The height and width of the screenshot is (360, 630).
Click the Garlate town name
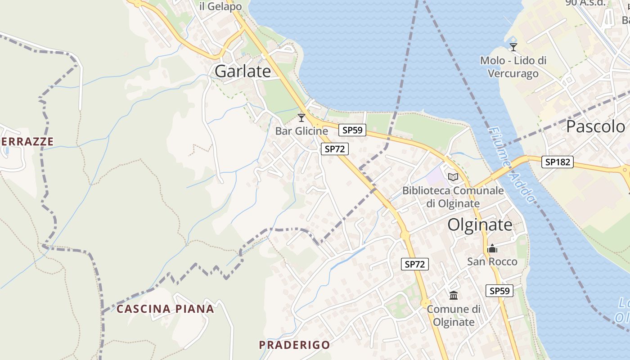243,71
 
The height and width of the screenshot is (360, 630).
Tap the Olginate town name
480,225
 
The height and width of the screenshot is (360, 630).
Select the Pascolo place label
595,126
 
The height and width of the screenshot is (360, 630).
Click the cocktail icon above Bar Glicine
301,118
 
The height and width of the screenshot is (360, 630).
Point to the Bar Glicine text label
301,131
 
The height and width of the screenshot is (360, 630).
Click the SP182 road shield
557,162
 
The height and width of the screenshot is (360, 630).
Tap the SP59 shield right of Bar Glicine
352,130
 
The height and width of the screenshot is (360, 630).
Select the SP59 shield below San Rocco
499,291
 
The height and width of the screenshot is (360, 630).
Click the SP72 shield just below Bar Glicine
335,149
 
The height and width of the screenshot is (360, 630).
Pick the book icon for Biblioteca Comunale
453,177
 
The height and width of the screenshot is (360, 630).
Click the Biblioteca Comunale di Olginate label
453,197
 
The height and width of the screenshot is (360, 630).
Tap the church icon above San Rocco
492,248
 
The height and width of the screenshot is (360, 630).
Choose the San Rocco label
492,261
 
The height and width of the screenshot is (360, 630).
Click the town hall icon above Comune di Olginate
454,296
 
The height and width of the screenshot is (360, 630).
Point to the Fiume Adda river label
512,164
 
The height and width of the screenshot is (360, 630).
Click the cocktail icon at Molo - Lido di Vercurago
513,47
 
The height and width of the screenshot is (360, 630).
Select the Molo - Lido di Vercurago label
513,67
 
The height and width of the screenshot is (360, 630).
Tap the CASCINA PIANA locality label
165,309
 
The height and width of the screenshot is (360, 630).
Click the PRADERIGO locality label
294,345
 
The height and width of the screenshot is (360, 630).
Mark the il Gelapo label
220,6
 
